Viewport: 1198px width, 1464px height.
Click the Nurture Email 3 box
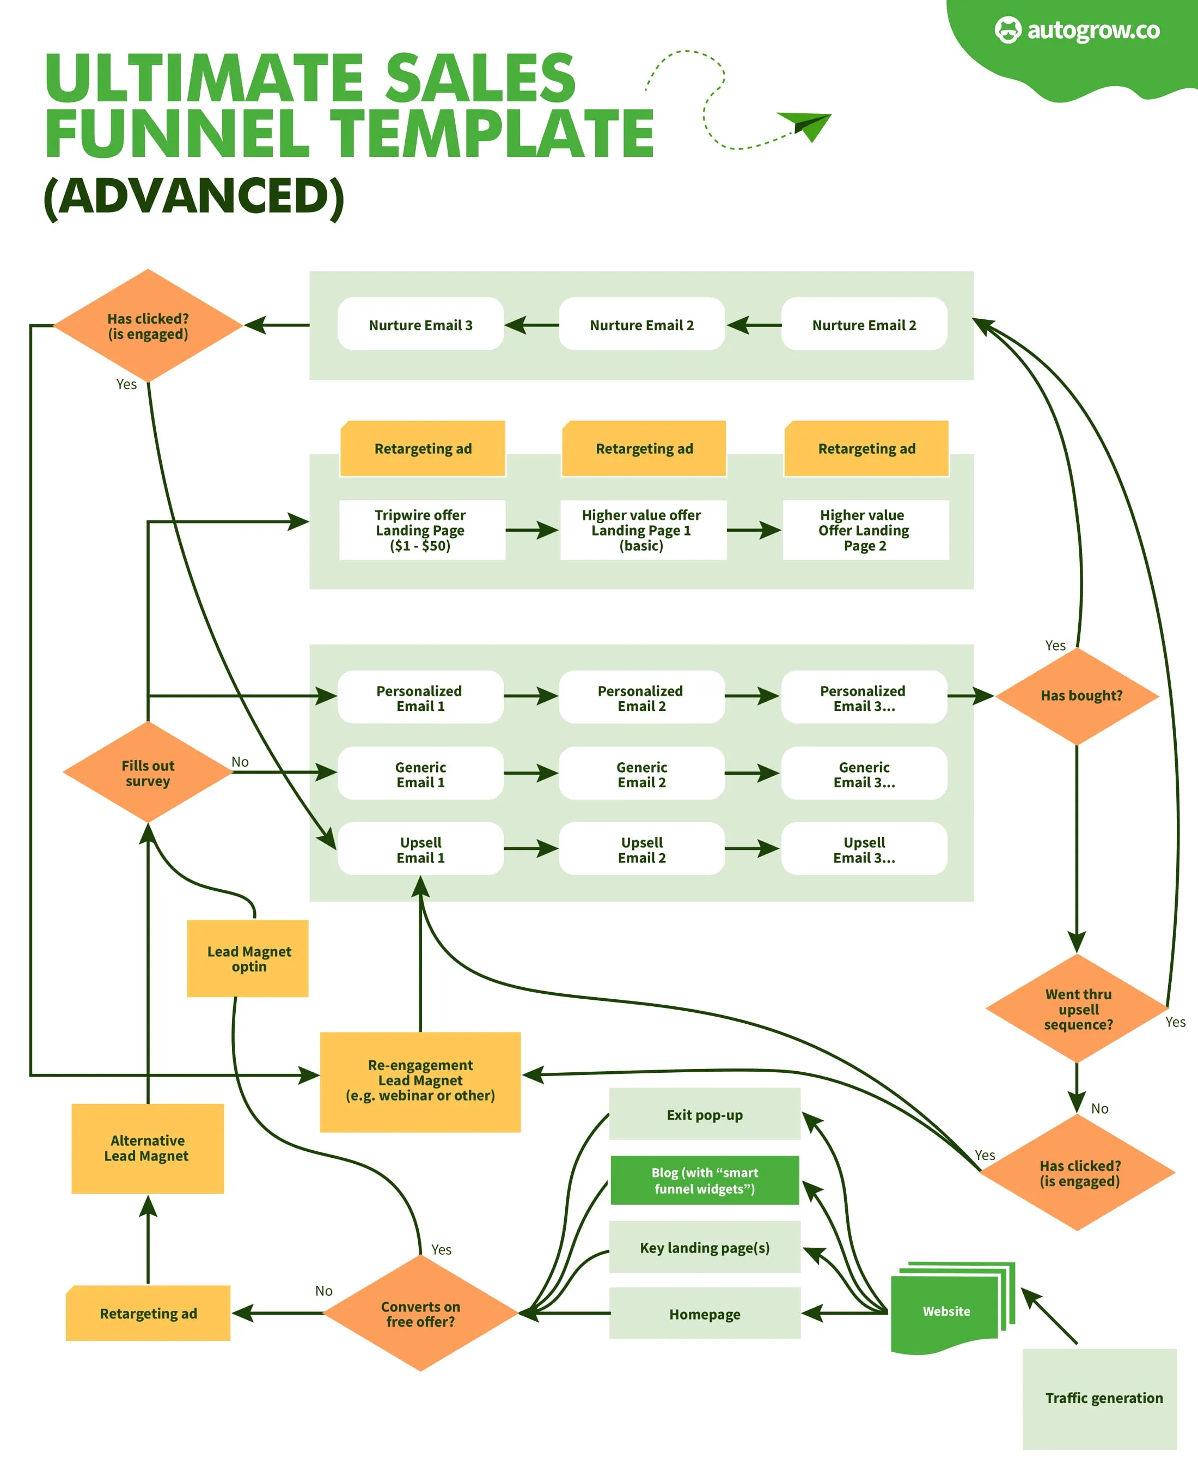point(420,325)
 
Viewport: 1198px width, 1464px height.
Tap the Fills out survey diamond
point(148,773)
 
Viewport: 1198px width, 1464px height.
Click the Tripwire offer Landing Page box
point(421,530)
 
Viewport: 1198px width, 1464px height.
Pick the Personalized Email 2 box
point(641,697)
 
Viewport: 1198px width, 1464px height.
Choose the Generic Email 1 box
point(420,774)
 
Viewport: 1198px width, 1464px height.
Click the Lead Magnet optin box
point(248,958)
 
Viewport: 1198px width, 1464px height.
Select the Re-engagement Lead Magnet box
point(420,1081)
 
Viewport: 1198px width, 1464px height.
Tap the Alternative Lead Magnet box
point(148,1148)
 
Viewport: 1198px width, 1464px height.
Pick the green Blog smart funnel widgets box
point(705,1180)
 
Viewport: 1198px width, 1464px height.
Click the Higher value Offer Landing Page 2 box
point(865,530)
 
